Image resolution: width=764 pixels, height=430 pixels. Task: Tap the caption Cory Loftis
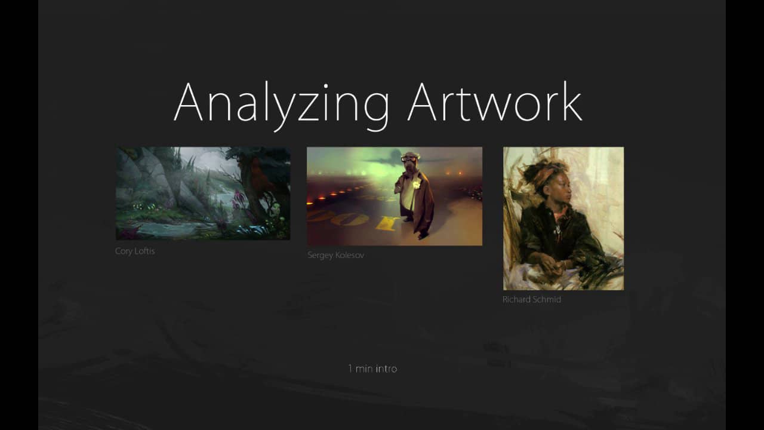135,251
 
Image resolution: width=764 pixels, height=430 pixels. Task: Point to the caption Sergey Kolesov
335,256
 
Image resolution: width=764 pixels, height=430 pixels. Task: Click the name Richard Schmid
531,300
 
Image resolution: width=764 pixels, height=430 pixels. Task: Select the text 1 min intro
372,369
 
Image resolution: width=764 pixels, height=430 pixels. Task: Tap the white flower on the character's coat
416,185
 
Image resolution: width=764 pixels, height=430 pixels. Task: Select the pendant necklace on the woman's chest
557,230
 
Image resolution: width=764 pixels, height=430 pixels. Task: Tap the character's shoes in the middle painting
422,235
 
